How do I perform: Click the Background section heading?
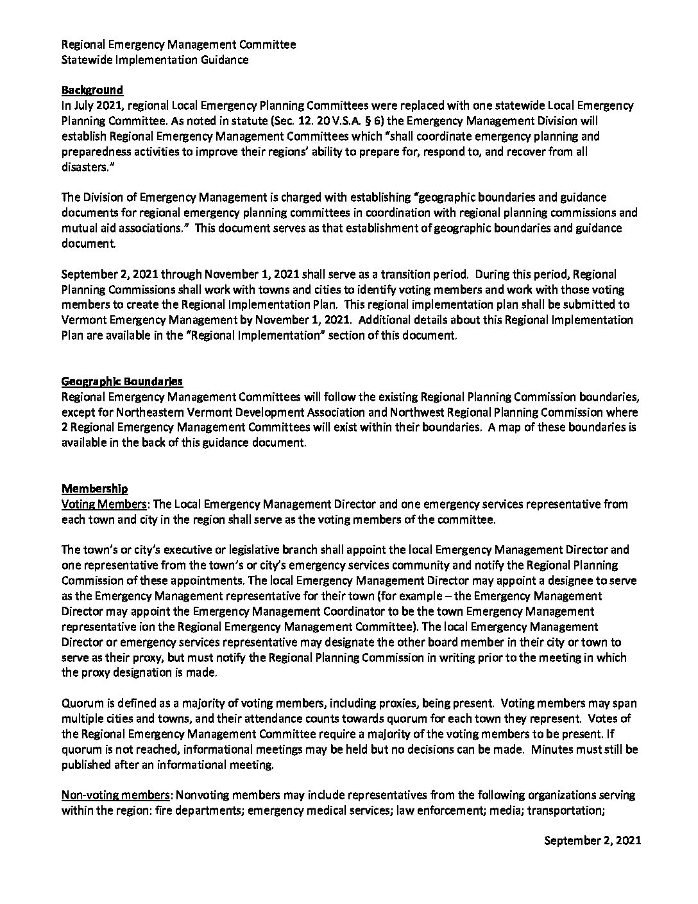92,90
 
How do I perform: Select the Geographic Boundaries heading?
122,381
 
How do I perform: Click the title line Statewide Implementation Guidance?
155,60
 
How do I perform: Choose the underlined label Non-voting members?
116,795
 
